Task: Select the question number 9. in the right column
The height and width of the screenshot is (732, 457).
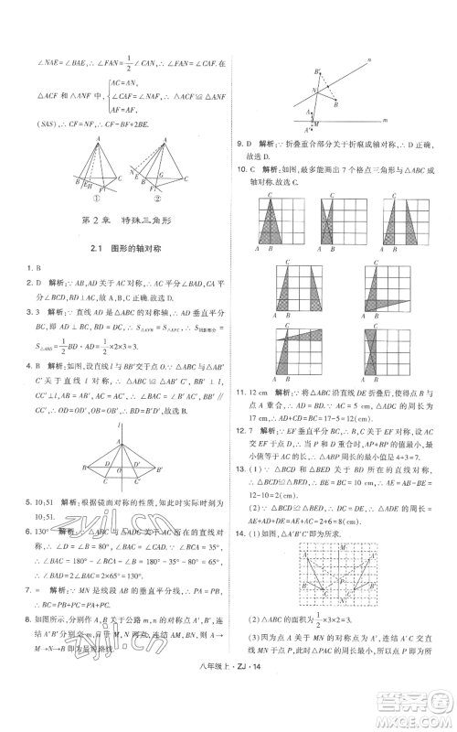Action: point(240,144)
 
